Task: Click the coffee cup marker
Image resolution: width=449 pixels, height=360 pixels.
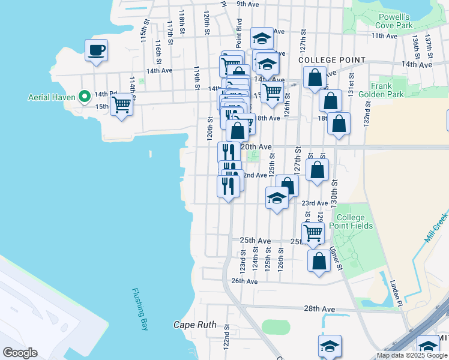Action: tap(96, 50)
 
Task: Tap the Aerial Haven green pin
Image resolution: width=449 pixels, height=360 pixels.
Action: tap(85, 96)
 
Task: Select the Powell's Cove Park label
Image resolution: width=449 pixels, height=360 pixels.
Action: tap(394, 21)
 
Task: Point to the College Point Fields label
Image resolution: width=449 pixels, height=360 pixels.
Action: tap(354, 221)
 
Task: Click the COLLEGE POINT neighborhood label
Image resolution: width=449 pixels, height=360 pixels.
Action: tap(331, 60)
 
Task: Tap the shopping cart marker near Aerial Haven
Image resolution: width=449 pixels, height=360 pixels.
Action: tap(122, 105)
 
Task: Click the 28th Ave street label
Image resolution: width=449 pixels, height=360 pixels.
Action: tap(319, 308)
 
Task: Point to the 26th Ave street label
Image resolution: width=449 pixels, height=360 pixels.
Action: tap(244, 281)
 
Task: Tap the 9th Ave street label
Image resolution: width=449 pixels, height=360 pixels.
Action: tap(247, 4)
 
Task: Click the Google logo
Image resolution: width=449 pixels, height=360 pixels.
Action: tap(20, 353)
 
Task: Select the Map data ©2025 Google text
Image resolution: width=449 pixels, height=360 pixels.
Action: tap(412, 355)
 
